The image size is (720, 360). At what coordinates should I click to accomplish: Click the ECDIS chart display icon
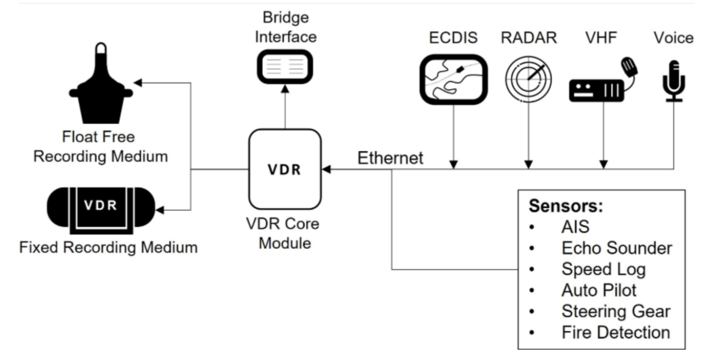pos(454,79)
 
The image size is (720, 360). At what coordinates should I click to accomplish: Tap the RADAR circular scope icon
pos(528,79)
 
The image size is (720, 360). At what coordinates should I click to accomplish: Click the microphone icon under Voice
pos(674,81)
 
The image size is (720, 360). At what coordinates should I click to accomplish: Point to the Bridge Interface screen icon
pos(285,67)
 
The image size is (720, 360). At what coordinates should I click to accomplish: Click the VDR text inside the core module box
pos(284,170)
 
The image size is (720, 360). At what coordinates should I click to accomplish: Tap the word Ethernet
pos(390,158)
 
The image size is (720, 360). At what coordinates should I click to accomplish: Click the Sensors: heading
pos(566,206)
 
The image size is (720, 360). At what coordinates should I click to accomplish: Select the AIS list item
pos(575,227)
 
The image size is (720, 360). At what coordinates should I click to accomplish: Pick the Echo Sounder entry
pos(617,248)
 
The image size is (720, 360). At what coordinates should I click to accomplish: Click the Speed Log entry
pos(603,269)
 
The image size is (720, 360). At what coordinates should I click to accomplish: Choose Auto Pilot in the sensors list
pos(599,290)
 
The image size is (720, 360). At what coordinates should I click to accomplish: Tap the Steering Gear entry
pos(616,311)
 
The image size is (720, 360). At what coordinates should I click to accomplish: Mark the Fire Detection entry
pos(616,333)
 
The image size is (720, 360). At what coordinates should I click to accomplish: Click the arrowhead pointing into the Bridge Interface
pos(285,89)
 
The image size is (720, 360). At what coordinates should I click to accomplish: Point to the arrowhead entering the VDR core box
pos(327,169)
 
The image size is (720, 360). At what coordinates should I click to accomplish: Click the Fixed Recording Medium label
pos(108,247)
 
